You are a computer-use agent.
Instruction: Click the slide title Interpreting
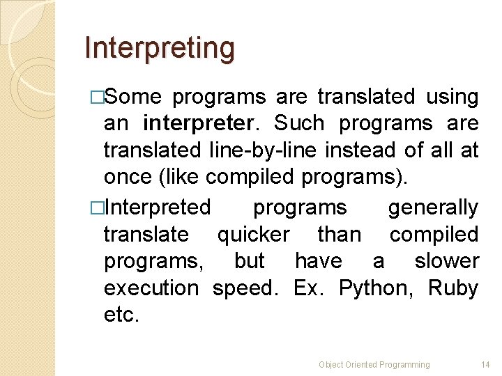click(x=159, y=48)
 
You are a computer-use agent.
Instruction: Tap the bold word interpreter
click(x=197, y=123)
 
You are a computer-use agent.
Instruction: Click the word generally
click(x=433, y=207)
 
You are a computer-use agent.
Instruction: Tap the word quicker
click(x=253, y=235)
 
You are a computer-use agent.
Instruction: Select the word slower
click(x=446, y=261)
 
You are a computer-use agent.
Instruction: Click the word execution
click(x=151, y=288)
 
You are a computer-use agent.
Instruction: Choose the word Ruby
click(x=453, y=288)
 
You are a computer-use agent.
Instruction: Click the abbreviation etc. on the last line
click(x=121, y=315)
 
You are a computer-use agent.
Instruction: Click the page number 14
click(x=486, y=364)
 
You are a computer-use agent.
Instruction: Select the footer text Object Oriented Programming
click(x=374, y=364)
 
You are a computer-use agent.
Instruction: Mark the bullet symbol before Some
click(x=97, y=97)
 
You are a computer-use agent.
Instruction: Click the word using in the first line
click(x=452, y=97)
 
